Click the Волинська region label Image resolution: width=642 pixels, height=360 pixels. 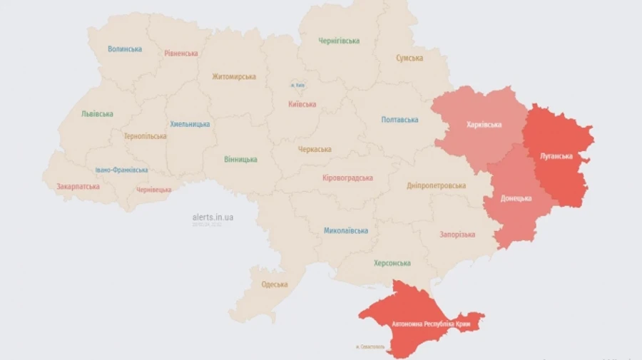point(125,49)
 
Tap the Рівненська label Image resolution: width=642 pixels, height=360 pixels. point(181,53)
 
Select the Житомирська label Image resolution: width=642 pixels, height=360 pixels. point(234,77)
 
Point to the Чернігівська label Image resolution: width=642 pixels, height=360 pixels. point(339,41)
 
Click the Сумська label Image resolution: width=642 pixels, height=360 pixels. point(409,58)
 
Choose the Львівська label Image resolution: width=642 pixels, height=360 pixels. point(97,113)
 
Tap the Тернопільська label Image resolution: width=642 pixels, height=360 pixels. point(145,136)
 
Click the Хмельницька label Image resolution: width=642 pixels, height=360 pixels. point(190,124)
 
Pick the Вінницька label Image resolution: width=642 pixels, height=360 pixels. point(240,159)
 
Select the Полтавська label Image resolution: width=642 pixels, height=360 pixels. point(399,120)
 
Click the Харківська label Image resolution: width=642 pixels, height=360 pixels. point(484,125)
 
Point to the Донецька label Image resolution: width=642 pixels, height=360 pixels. point(516,197)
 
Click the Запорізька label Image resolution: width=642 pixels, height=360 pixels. point(457,234)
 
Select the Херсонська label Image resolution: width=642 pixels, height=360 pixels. point(392,263)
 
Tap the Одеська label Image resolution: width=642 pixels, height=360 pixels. point(275,284)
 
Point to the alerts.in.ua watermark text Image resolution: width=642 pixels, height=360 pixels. point(213,217)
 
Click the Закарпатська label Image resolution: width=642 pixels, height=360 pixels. point(78,187)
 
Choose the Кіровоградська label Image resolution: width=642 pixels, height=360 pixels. point(347,178)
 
